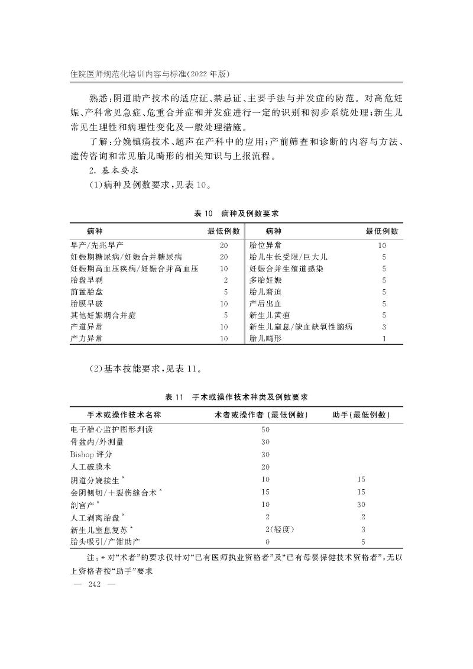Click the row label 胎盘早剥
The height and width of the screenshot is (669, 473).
click(x=85, y=280)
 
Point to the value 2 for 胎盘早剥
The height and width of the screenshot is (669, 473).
click(x=226, y=280)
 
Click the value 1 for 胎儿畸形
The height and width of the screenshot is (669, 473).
click(x=384, y=338)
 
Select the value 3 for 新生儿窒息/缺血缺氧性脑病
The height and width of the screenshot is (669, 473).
click(x=384, y=327)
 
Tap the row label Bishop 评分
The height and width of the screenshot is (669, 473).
click(x=90, y=454)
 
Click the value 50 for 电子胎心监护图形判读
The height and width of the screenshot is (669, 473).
click(x=265, y=429)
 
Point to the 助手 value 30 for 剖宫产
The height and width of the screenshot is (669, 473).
click(x=361, y=505)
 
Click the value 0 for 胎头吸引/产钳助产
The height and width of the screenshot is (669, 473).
click(x=268, y=541)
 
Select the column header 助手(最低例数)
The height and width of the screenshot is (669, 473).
click(x=361, y=414)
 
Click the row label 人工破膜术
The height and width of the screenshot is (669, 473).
click(x=89, y=467)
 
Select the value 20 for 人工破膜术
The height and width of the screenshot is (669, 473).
click(x=265, y=467)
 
